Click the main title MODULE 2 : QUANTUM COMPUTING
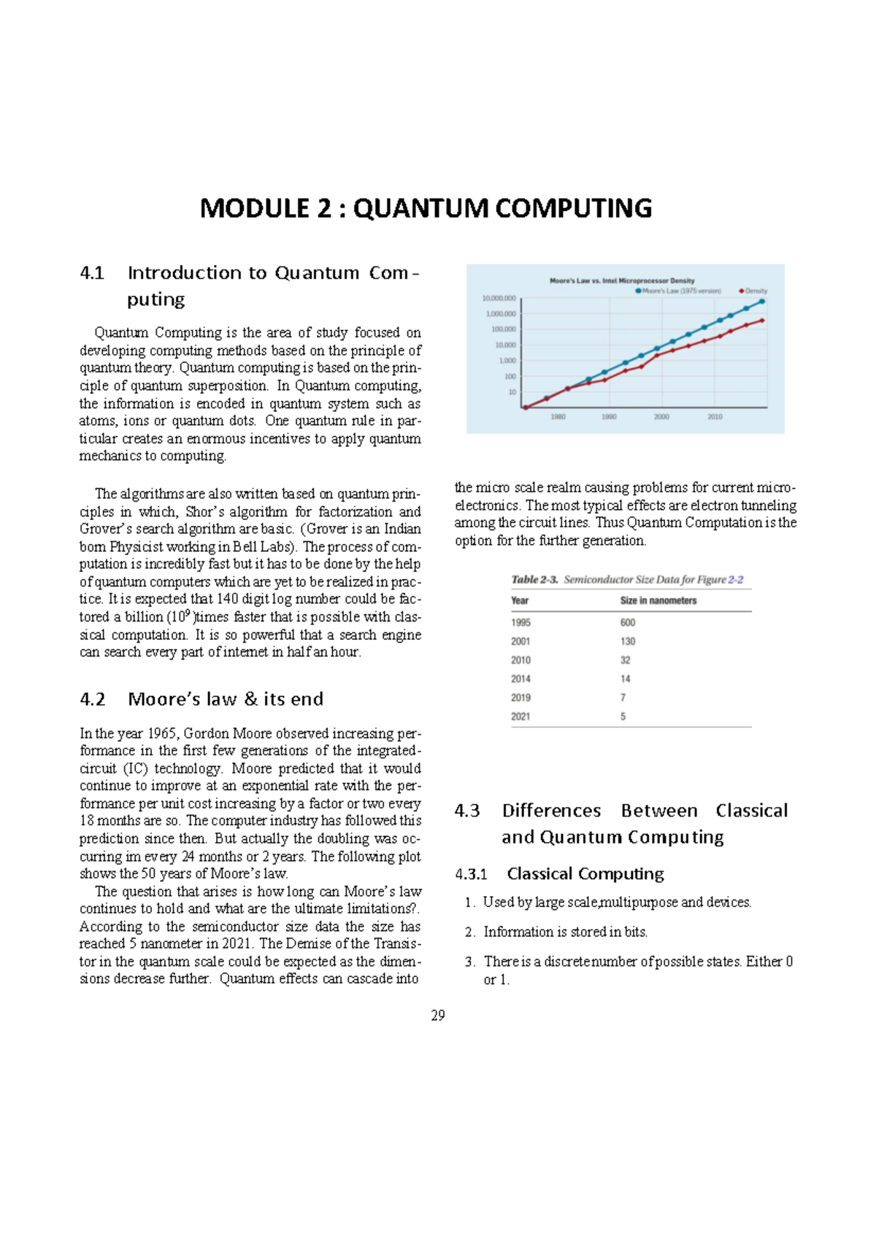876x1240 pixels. coord(426,208)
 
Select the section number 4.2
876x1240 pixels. coord(92,700)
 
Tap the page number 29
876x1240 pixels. coord(438,1015)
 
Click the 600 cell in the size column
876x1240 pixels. coord(628,622)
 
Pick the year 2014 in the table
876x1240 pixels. coord(520,678)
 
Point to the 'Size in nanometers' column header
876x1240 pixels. coord(658,600)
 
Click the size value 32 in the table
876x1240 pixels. coord(626,659)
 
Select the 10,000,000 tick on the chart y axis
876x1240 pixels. coord(499,298)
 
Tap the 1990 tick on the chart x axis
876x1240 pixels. coord(609,417)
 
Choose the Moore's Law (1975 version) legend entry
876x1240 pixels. coord(680,291)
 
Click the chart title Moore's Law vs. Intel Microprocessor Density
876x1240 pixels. coord(622,280)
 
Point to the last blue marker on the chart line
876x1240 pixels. coord(762,301)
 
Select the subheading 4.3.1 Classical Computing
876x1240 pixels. coord(559,873)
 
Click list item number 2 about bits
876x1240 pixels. coord(565,932)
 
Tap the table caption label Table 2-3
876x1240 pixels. coord(534,579)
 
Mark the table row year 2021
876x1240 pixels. coord(520,716)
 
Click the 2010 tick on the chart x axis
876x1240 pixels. coord(715,417)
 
